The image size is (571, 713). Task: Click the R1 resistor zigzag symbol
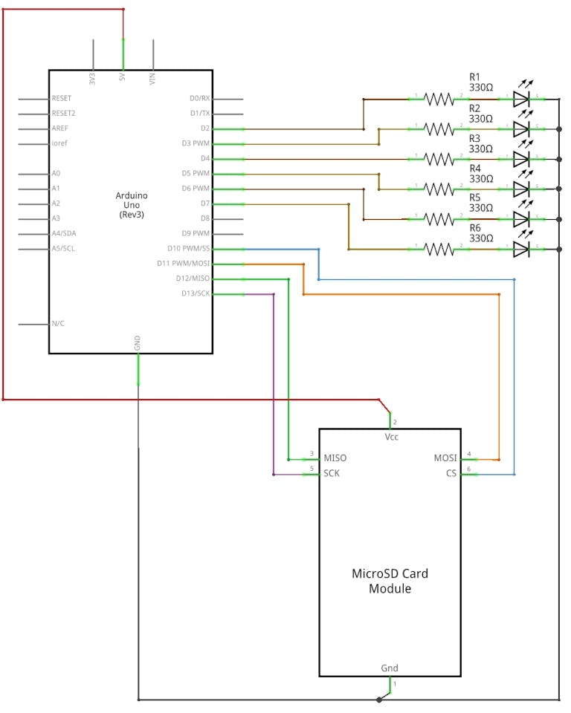439,98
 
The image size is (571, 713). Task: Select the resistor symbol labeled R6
439,249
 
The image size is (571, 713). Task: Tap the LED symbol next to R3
522,158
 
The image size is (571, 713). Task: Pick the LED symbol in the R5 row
522,218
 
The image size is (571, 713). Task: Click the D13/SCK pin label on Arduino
196,293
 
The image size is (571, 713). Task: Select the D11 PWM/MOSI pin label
184,264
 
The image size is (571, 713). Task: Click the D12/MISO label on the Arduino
193,279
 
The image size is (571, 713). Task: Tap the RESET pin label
62,98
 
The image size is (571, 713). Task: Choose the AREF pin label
60,128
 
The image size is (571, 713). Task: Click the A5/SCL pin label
63,249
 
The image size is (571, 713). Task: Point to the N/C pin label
58,324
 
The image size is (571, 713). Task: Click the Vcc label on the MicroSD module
391,437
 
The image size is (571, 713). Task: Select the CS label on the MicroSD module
451,473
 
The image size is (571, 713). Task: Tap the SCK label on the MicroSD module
332,473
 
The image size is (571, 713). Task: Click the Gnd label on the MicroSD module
390,668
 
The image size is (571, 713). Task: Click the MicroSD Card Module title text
390,581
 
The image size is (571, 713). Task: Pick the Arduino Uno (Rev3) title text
132,204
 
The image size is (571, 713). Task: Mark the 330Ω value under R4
481,179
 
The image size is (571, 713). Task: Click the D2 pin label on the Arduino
205,128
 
